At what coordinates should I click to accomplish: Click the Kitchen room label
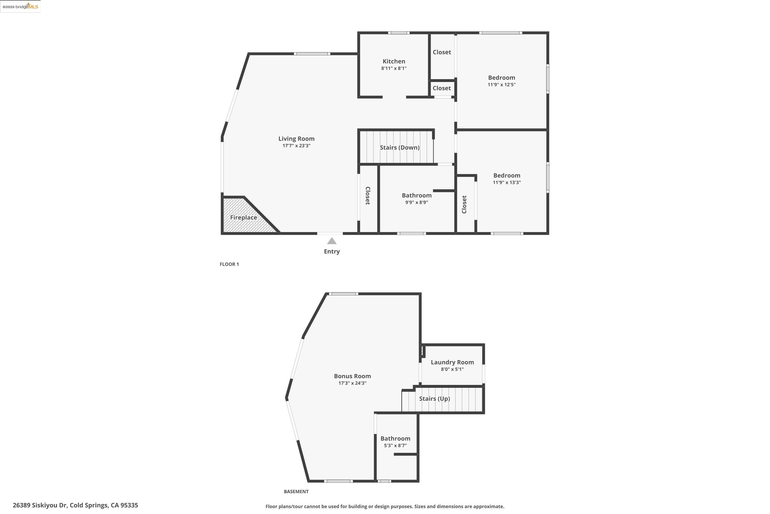pos(393,61)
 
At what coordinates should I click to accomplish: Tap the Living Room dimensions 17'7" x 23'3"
pos(296,145)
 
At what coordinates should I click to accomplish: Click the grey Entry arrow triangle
pos(332,241)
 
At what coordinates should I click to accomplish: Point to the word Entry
pos(332,251)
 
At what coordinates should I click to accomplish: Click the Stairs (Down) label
pos(399,148)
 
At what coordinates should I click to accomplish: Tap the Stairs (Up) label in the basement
pos(435,399)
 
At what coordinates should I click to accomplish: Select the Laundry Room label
pos(452,362)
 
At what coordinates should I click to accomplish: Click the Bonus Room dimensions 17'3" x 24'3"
pos(352,383)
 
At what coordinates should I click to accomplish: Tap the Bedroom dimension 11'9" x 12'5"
pos(501,85)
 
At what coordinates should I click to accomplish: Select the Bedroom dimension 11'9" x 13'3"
pos(506,182)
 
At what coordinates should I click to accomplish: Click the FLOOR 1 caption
pos(229,264)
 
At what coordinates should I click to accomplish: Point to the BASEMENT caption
pos(296,491)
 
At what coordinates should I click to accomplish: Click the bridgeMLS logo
pos(20,7)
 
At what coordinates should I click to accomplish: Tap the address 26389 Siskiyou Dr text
pos(75,505)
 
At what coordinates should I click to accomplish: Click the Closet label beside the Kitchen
pos(442,52)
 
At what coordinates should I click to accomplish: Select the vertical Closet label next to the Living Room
pos(368,196)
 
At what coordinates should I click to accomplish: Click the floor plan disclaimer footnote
pos(385,507)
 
